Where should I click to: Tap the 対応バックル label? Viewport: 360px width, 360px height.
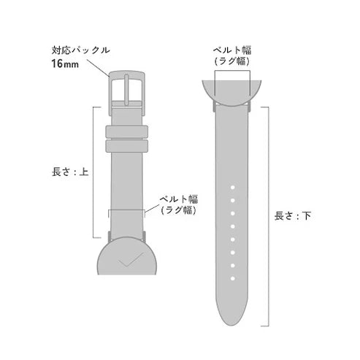click(x=80, y=50)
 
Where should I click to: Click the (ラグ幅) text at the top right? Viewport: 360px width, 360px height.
click(x=231, y=62)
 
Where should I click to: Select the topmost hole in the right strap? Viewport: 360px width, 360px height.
click(x=231, y=189)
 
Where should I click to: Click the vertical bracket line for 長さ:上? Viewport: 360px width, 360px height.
click(x=93, y=172)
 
